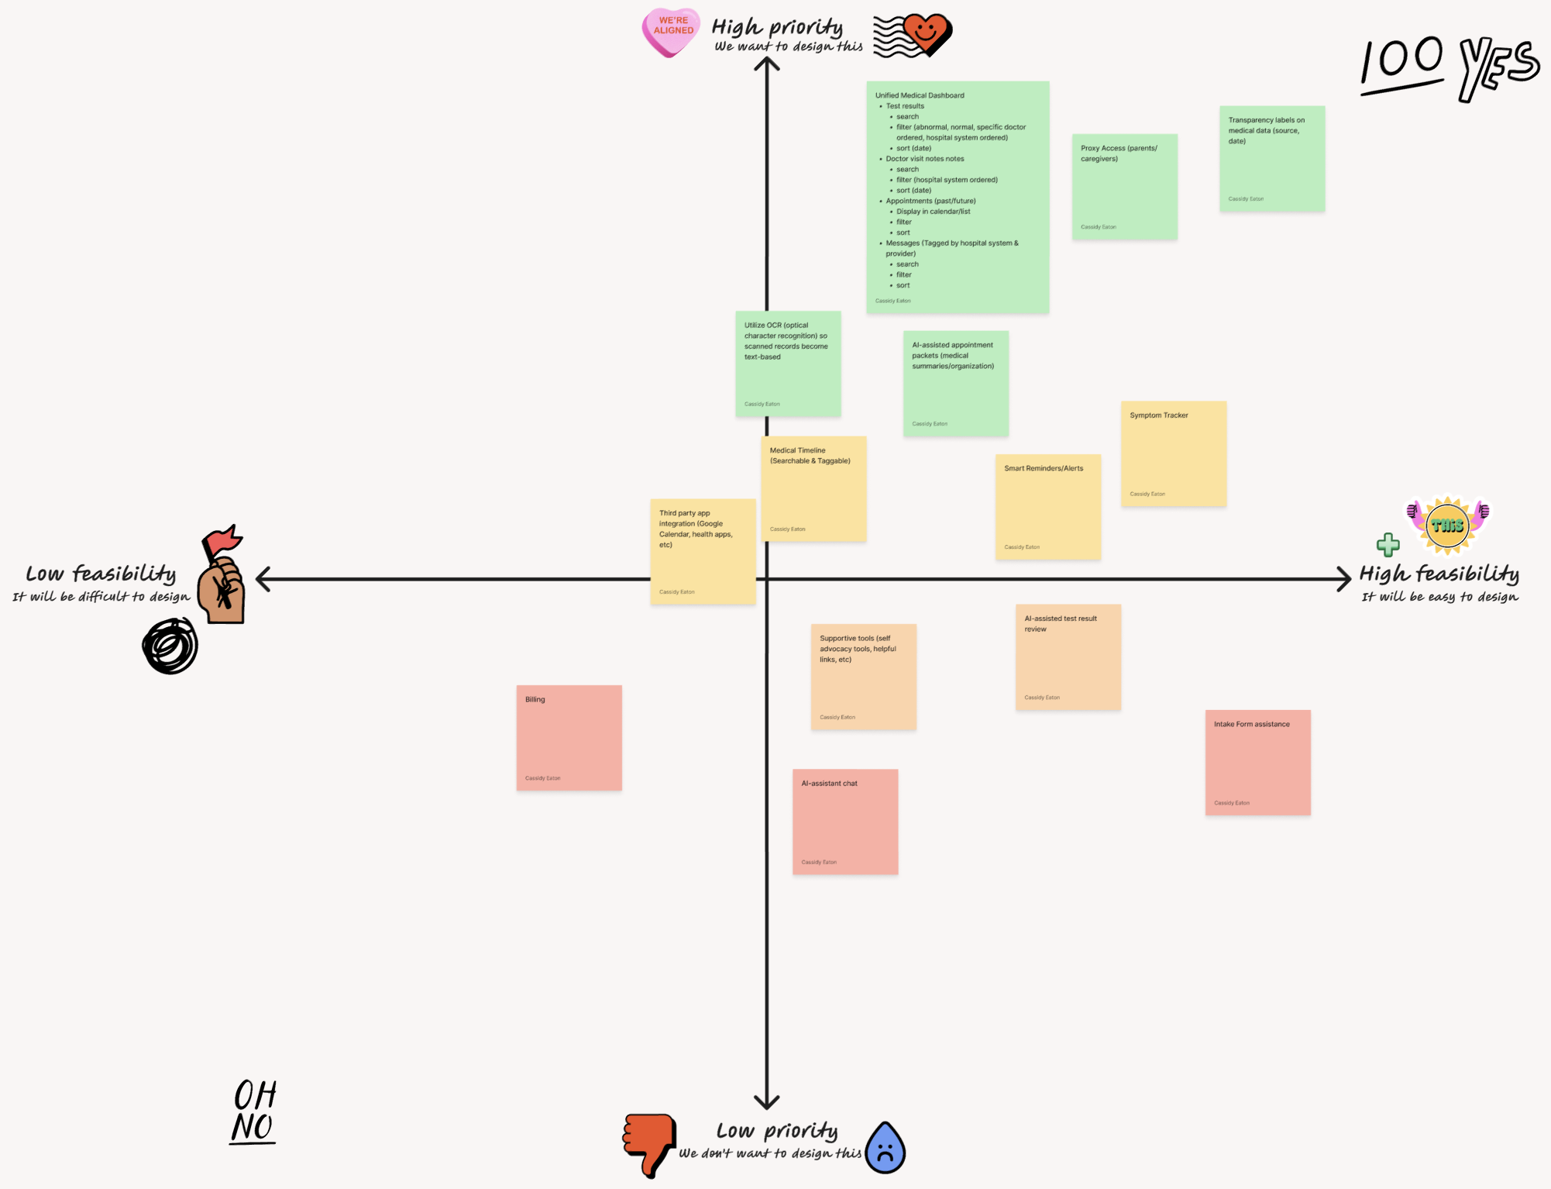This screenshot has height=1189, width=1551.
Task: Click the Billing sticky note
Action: tap(569, 737)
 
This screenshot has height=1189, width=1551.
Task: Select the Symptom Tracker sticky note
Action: tap(1173, 453)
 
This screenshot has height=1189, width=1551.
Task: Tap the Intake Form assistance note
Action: tap(1257, 762)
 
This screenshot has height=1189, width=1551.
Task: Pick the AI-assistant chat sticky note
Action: tap(844, 821)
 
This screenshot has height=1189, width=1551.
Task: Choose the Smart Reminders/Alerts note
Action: tap(1047, 506)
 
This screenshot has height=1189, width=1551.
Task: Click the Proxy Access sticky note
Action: tap(1124, 186)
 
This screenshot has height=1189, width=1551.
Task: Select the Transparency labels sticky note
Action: tap(1271, 158)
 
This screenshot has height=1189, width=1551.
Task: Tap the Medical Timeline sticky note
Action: tap(813, 488)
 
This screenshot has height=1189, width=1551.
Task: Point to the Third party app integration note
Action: tap(702, 551)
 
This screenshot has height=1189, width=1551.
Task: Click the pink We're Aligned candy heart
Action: tap(671, 32)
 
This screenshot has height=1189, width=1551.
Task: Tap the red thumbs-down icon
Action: tap(649, 1143)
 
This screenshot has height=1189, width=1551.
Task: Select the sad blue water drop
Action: tap(886, 1148)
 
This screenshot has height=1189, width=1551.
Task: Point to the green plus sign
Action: tap(1388, 545)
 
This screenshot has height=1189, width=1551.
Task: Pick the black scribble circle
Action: tap(170, 646)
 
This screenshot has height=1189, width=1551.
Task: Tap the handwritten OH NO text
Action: tap(254, 1111)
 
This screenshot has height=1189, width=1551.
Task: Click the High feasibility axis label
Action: tap(1439, 574)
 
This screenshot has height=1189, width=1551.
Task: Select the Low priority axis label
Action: tap(776, 1131)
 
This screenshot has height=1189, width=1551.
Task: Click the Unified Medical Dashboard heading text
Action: tap(920, 95)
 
